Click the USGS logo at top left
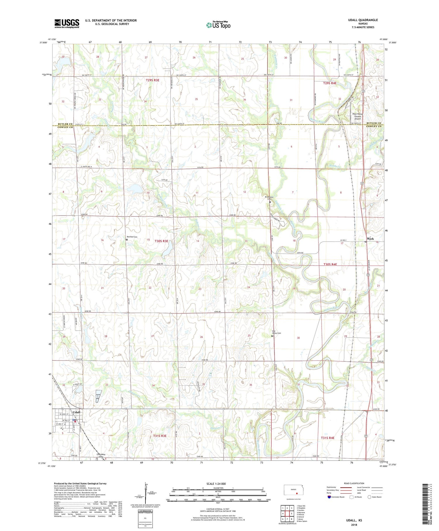coord(67,23)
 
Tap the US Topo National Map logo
coord(218,25)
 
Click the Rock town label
coord(371,239)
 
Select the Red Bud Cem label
coord(132,237)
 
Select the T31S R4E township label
coord(327,438)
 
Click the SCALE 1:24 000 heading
coord(216,484)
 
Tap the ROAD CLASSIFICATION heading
coord(354,483)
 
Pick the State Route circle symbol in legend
coord(369,497)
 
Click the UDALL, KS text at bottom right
coord(353,520)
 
